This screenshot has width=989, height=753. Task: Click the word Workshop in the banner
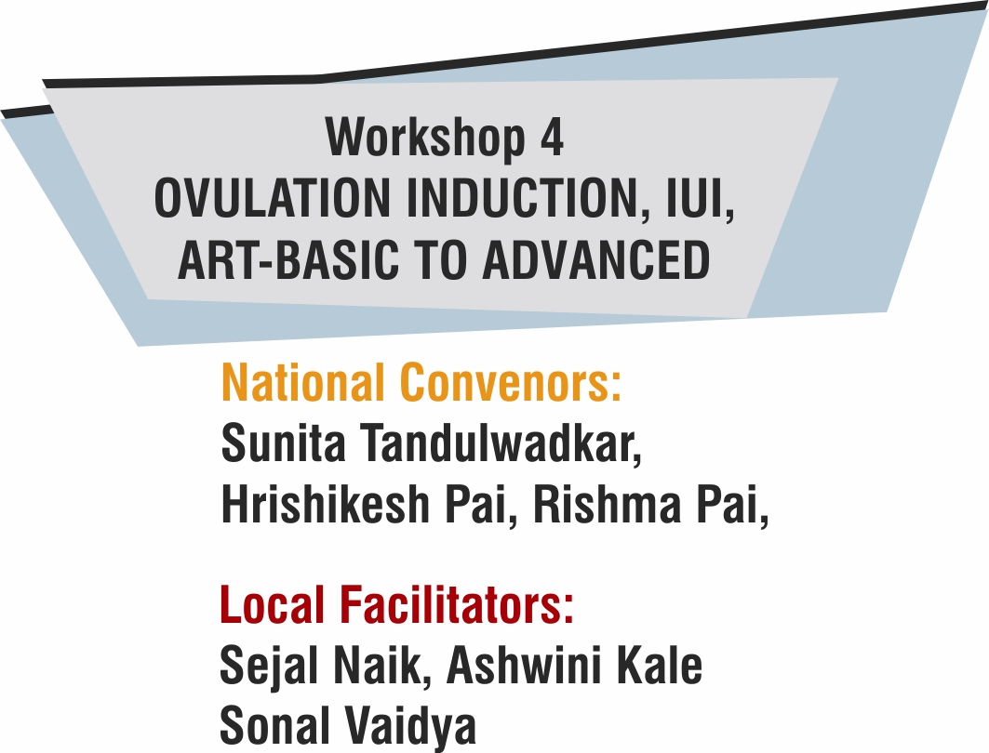[425, 137]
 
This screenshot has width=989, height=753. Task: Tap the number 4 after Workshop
[552, 138]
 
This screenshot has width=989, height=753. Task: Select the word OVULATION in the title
[273, 198]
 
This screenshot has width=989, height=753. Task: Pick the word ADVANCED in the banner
[596, 259]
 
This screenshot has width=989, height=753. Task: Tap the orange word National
[302, 382]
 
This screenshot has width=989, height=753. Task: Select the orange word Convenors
[511, 382]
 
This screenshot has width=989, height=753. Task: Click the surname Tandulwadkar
[501, 443]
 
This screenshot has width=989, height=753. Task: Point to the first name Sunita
[283, 443]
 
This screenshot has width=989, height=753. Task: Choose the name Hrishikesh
[325, 504]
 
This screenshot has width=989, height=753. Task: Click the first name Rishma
[608, 504]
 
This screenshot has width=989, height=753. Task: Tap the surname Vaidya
[410, 726]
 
